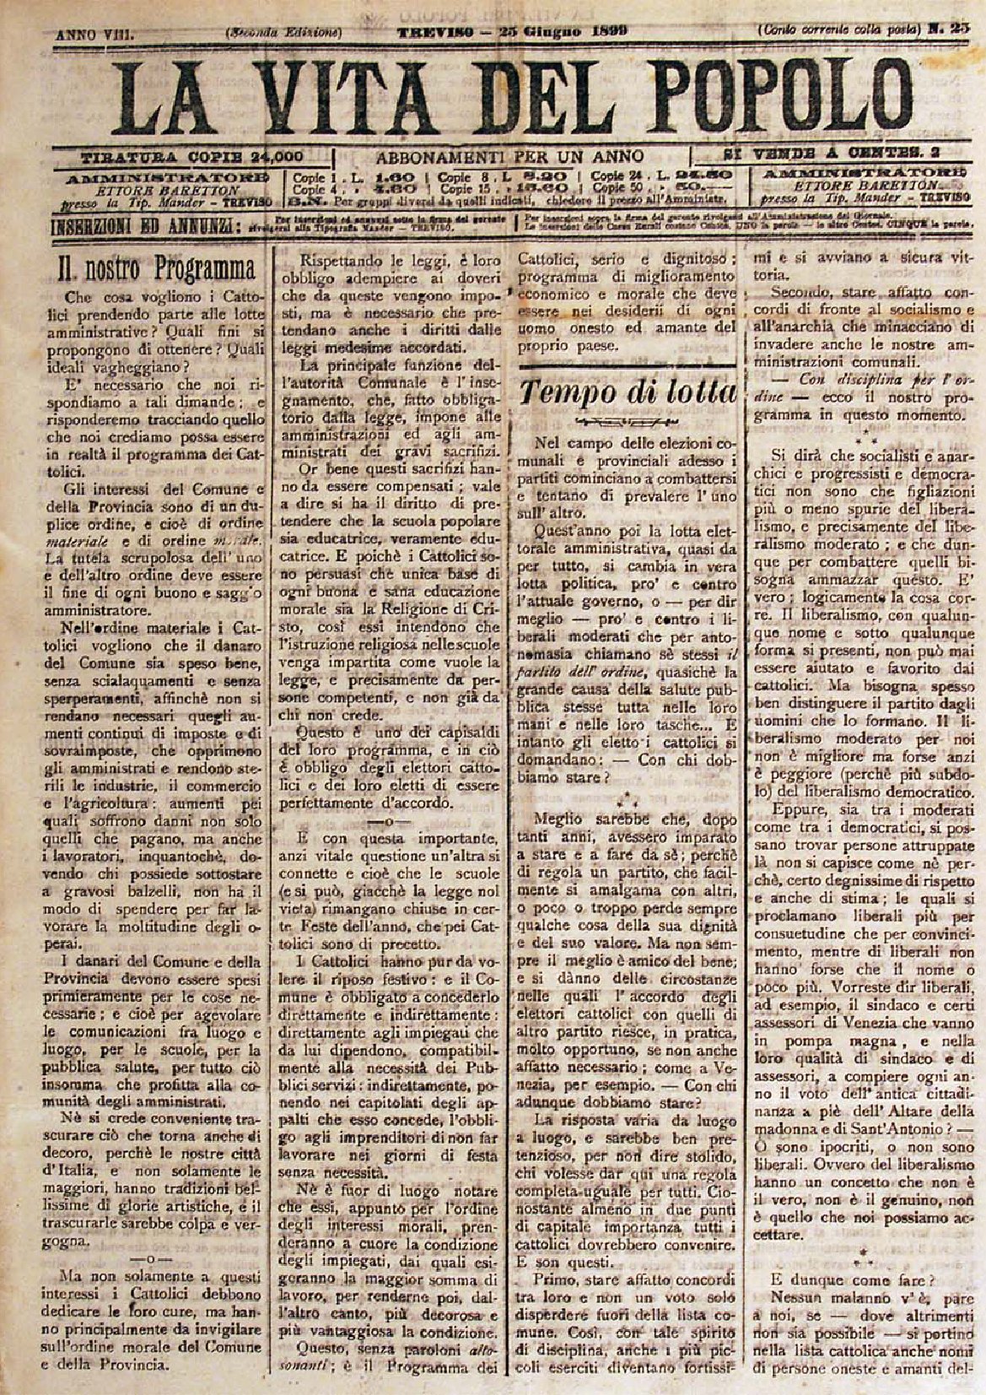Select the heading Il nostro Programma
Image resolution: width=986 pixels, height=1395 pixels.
pyautogui.click(x=155, y=270)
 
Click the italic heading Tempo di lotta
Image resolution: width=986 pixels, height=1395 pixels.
pyautogui.click(x=629, y=392)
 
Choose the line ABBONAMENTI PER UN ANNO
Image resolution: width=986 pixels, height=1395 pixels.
pyautogui.click(x=509, y=156)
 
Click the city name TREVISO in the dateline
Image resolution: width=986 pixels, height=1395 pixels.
pyautogui.click(x=431, y=32)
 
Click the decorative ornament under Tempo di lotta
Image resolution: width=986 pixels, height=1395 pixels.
pyautogui.click(x=628, y=423)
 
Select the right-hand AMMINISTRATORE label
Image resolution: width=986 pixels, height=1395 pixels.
pyautogui.click(x=862, y=174)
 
